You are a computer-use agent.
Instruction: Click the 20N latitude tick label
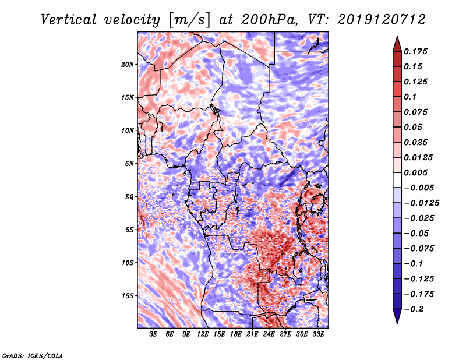coord(128,64)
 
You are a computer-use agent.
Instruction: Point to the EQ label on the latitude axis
coord(129,196)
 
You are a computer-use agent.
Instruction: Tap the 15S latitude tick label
coord(128,296)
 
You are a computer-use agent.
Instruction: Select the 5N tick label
coord(129,164)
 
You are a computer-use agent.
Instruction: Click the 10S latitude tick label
coord(128,263)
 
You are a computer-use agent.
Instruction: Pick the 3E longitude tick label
coord(153,334)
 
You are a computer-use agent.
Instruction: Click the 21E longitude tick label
coord(252,334)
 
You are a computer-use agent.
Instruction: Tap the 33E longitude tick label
coord(318,334)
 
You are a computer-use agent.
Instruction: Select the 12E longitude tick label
coord(203,334)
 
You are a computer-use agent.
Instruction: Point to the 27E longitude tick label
coord(285,334)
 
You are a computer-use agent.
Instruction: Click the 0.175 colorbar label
coord(415,51)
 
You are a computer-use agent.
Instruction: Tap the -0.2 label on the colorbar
coord(414,309)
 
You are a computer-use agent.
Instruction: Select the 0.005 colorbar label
coord(415,172)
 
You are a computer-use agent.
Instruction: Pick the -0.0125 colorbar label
coord(421,203)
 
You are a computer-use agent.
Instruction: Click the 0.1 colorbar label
coord(410,97)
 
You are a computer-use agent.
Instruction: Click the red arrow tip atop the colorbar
coord(397,36)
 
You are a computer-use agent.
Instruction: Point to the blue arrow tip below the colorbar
coord(397,323)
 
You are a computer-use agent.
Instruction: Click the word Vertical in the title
coord(69,20)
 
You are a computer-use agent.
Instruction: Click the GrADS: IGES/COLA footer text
coord(33,355)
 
